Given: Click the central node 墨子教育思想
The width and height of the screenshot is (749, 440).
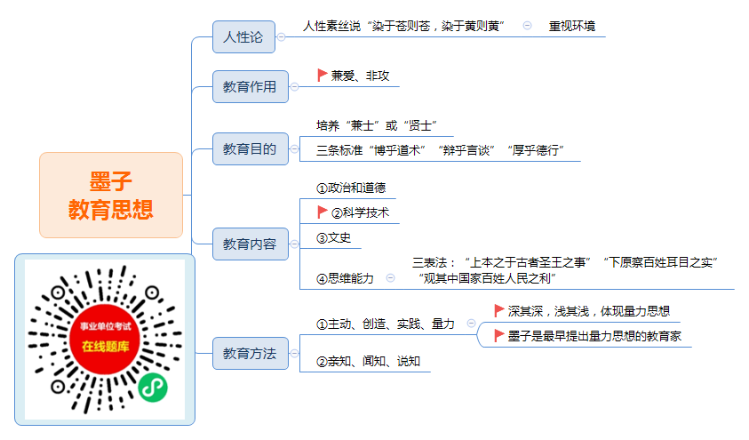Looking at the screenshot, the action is click(x=111, y=195).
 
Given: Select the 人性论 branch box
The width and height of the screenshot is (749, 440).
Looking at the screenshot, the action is click(x=243, y=36).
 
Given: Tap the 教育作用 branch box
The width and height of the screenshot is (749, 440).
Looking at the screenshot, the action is click(x=251, y=86).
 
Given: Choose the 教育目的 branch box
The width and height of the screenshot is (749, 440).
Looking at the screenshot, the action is click(x=251, y=148).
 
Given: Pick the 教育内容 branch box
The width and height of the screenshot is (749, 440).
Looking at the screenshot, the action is click(x=251, y=244).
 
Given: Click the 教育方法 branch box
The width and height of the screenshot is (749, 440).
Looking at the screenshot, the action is click(x=251, y=354).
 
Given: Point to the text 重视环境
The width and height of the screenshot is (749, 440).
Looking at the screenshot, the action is click(x=572, y=27).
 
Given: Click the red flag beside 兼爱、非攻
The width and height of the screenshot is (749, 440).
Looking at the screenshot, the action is click(x=322, y=75).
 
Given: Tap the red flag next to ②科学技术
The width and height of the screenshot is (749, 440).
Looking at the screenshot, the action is click(x=322, y=212).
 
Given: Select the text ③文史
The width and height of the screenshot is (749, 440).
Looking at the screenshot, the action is click(x=333, y=238).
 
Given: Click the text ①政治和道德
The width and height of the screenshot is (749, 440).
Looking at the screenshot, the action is click(x=351, y=188).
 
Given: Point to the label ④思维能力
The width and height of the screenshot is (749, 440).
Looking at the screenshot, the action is click(x=345, y=278).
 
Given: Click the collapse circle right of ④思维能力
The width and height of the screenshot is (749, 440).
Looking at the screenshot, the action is click(x=391, y=278).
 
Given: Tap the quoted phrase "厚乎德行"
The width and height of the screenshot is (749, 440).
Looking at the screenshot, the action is click(x=536, y=150).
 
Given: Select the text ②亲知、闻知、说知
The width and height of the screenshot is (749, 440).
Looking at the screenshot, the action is click(x=369, y=361).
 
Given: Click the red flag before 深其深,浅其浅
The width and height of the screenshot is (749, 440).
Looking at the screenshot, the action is click(x=499, y=310).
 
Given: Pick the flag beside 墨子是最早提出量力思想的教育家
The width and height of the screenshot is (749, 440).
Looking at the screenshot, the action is click(x=499, y=336).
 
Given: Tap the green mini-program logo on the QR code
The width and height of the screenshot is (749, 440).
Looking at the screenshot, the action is click(x=153, y=388).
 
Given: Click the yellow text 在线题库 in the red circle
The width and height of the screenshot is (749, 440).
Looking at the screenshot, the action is click(x=105, y=347).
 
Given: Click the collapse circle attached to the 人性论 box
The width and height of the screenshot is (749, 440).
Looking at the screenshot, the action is click(x=282, y=36).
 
